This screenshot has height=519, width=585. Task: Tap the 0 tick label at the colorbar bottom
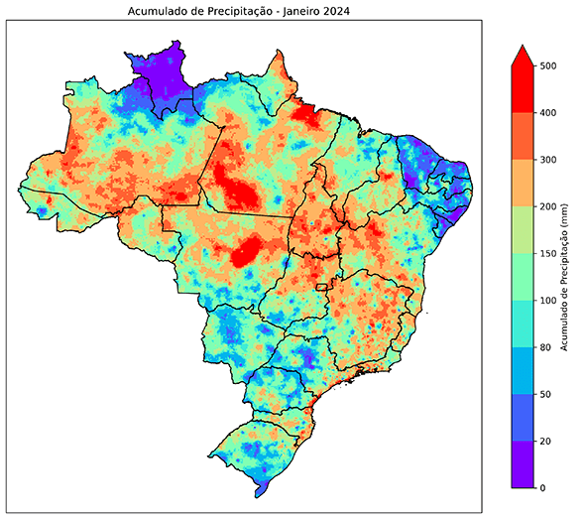click(541, 487)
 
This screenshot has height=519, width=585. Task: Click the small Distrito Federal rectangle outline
click(321, 288)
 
